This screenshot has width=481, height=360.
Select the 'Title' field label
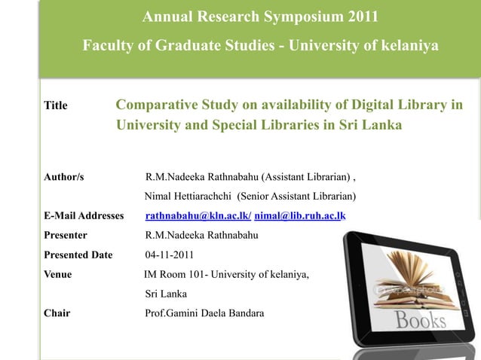coord(56,105)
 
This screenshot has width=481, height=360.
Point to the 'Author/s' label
coord(64,178)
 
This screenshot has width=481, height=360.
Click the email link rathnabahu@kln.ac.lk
coord(198,216)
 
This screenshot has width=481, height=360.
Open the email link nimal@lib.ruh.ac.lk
coord(299,216)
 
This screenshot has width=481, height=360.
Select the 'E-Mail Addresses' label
coord(84,216)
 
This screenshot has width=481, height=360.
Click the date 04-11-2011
coord(171,255)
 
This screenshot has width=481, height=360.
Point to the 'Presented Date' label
coord(78,255)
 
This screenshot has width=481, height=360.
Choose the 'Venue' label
coord(58,274)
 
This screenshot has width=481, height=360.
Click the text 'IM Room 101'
coord(175,274)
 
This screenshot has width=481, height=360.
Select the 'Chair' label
coord(57,313)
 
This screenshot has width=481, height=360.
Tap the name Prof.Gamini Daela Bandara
coord(204,313)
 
